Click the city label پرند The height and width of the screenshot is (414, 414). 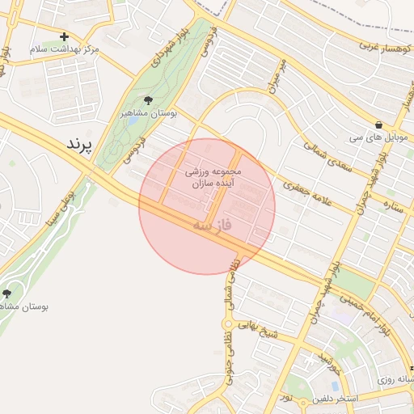point(79,144)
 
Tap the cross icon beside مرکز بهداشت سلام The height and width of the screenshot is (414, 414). point(65,36)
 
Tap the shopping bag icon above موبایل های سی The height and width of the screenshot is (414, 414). point(378,125)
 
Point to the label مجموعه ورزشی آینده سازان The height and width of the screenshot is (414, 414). point(213,179)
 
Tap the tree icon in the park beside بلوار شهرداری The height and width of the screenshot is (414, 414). point(146,100)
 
